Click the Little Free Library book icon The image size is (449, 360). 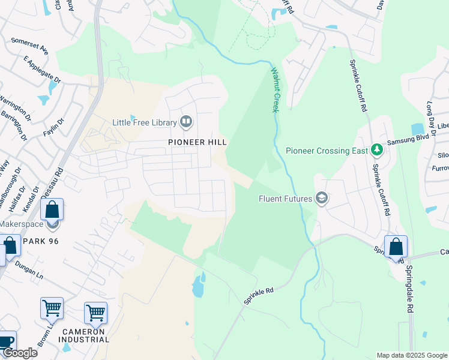186,122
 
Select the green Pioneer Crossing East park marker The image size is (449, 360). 376,150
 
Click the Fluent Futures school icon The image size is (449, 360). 322,199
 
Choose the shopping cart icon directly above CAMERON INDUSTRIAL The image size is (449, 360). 95,313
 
